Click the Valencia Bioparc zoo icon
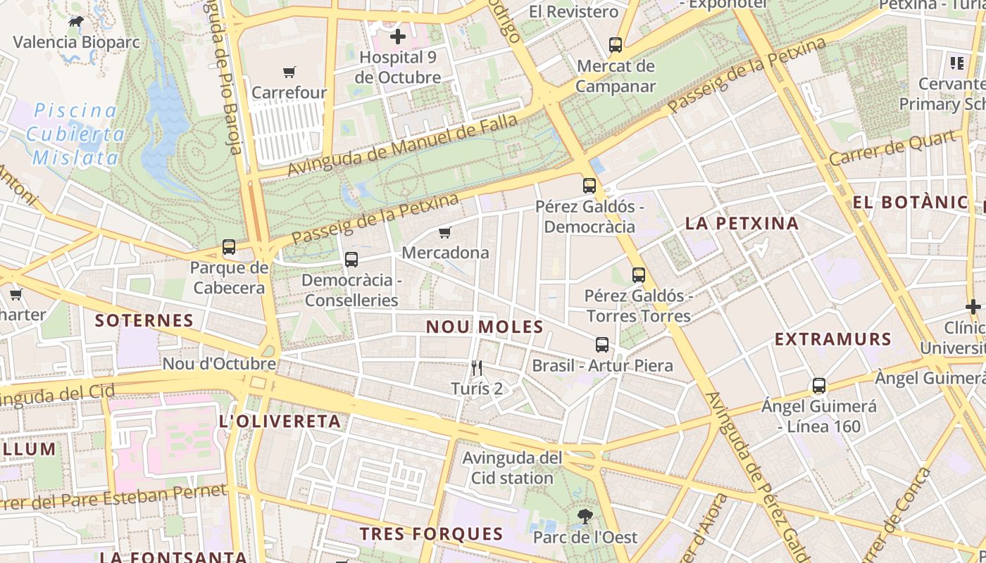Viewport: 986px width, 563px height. (75, 22)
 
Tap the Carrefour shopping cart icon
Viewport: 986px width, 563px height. (289, 72)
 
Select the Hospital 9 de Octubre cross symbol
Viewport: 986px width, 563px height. (398, 36)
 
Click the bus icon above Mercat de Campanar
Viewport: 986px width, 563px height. (615, 45)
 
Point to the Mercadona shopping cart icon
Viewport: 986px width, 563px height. (444, 232)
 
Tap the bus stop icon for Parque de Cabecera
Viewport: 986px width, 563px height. (229, 247)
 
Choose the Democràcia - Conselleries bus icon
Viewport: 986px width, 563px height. (351, 260)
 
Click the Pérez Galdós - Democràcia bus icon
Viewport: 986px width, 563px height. (589, 186)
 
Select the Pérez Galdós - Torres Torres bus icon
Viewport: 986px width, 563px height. (638, 275)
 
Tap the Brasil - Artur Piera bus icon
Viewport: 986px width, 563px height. (602, 345)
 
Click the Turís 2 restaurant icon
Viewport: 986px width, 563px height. (477, 367)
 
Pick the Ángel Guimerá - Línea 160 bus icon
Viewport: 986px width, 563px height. (818, 386)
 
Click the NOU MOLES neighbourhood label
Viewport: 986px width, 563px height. (485, 327)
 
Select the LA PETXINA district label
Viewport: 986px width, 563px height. (742, 224)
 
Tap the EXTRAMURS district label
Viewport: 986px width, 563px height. (832, 339)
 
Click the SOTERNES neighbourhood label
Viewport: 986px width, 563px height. (144, 321)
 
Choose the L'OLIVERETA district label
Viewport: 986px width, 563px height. (280, 422)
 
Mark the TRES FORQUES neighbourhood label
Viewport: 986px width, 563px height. (432, 533)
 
